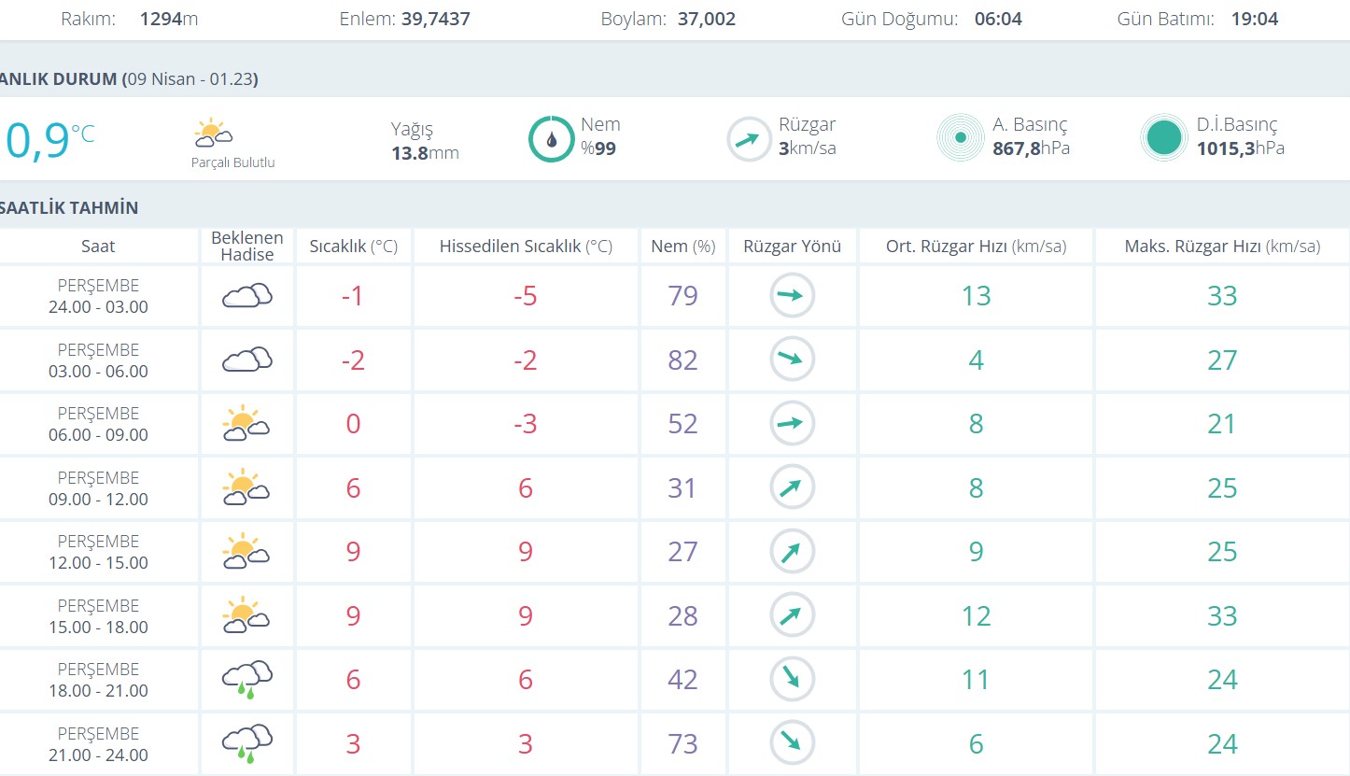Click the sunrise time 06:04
click(x=998, y=19)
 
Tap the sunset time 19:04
click(x=1254, y=19)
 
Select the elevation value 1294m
click(x=168, y=19)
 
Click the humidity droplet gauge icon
click(x=551, y=138)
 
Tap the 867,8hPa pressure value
click(x=1031, y=148)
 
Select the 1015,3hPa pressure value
click(x=1240, y=148)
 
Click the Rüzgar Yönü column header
click(x=792, y=247)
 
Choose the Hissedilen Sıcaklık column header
click(x=526, y=247)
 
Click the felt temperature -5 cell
click(x=526, y=296)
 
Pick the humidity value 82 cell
click(x=682, y=360)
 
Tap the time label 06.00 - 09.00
click(x=98, y=434)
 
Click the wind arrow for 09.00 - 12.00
click(x=792, y=487)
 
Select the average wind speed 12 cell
click(x=976, y=616)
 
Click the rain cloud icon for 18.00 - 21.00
click(x=246, y=679)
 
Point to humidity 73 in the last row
click(x=682, y=744)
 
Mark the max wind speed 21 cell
click(x=1222, y=424)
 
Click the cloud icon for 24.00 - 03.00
click(x=246, y=296)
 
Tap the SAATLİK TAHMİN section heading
click(x=69, y=207)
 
